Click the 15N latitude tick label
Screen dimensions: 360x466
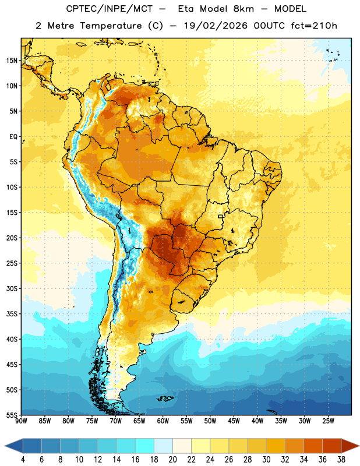pos(12,61)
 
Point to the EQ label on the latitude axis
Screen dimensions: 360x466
pos(13,137)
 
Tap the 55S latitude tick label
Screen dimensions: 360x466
pos(12,415)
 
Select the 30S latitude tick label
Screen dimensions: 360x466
pos(12,288)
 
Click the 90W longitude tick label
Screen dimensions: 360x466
pos(21,421)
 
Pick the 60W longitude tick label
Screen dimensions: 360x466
pos(163,421)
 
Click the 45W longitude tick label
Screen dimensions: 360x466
pos(234,421)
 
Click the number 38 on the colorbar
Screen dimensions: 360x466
pos(341,460)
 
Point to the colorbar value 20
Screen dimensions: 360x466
pos(172,460)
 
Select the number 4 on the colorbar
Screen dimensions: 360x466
pos(23,460)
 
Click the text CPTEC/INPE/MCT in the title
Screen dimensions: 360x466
pos(110,9)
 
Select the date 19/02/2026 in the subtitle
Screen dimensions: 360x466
pos(216,26)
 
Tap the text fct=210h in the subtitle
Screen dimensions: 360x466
pos(314,26)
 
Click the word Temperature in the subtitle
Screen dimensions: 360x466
pos(111,26)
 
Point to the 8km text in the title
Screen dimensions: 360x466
pos(243,9)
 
